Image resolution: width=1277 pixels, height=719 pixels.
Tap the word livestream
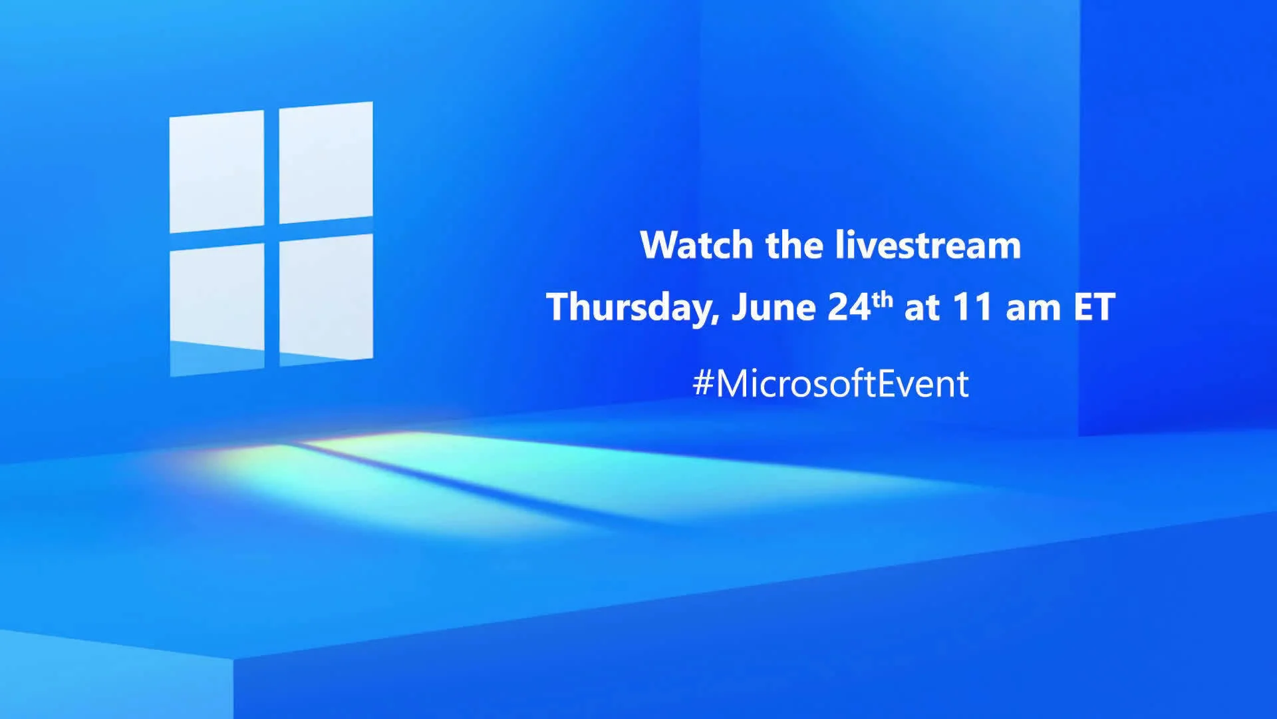[x=928, y=245]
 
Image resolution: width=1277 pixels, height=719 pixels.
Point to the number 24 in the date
[x=849, y=307]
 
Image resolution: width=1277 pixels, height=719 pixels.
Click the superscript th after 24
[x=883, y=299]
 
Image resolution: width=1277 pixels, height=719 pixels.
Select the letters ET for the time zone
[x=1094, y=307]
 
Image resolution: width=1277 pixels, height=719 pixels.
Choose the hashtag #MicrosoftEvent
[x=831, y=384]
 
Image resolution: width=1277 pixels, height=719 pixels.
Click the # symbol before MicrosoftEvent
[x=703, y=384]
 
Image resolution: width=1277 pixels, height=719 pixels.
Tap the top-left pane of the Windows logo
[x=217, y=171]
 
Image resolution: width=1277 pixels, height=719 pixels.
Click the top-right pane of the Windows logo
[x=326, y=162]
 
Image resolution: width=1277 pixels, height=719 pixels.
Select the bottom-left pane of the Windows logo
[x=217, y=297]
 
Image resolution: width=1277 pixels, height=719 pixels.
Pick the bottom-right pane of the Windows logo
[x=326, y=297]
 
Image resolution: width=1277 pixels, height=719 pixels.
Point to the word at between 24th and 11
[x=921, y=308]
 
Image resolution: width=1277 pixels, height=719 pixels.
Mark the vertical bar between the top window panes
[x=271, y=166]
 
